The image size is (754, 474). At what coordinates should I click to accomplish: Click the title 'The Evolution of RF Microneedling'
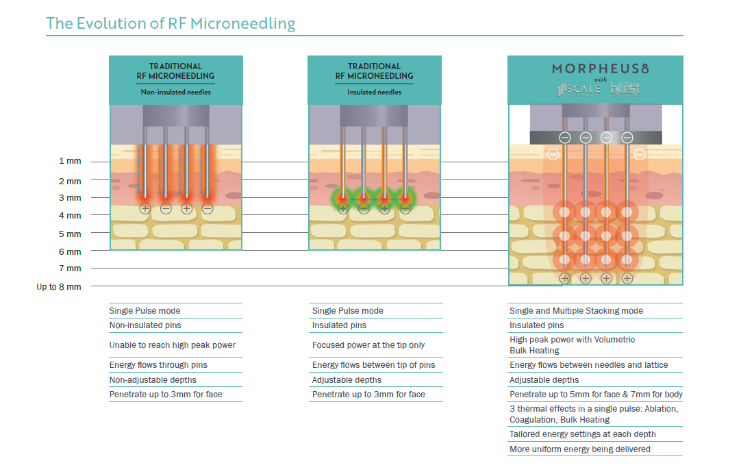[171, 23]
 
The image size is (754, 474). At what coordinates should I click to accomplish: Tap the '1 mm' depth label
[70, 162]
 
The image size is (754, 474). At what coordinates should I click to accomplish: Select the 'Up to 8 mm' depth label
[59, 287]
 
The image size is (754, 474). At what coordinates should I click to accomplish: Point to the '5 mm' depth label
[70, 234]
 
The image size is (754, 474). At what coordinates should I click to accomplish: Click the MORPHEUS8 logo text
[594, 68]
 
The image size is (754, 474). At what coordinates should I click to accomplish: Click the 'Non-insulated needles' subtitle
[175, 92]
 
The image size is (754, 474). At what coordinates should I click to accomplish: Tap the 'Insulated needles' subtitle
[374, 92]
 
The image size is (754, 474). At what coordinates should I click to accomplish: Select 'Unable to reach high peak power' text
[172, 345]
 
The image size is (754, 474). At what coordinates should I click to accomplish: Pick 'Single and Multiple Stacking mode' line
[576, 311]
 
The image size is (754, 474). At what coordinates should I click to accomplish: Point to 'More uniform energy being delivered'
[579, 449]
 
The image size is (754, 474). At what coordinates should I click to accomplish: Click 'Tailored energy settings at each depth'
[582, 434]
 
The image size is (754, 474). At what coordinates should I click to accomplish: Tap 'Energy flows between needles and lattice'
[588, 365]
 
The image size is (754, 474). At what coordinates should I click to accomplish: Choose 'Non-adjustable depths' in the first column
[153, 380]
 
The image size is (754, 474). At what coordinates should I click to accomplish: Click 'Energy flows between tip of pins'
[373, 365]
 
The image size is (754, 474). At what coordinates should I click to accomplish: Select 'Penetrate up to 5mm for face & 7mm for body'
[596, 395]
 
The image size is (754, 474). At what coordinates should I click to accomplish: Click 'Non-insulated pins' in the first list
[145, 325]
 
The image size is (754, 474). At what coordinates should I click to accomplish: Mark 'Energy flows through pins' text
[158, 365]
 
